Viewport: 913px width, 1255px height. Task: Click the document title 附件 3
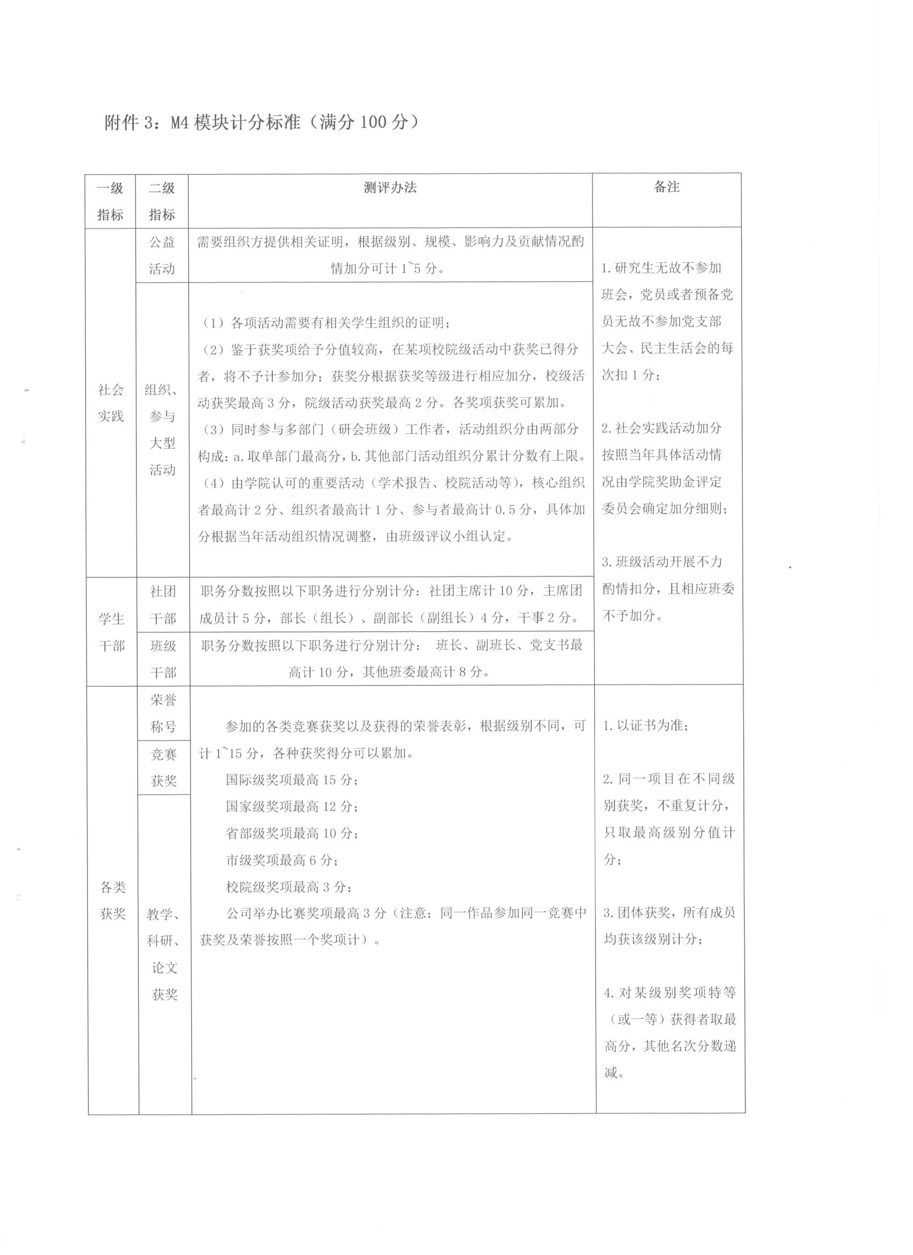(x=260, y=122)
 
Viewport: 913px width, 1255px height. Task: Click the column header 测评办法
(x=390, y=187)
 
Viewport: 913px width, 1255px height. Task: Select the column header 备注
(x=666, y=187)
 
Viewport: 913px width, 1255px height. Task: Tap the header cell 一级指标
(x=110, y=201)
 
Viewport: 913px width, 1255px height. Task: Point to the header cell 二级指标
(x=162, y=201)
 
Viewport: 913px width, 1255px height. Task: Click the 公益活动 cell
(x=162, y=255)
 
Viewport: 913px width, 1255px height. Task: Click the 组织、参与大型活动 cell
(x=162, y=430)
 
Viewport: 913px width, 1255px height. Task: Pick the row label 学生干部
(x=111, y=632)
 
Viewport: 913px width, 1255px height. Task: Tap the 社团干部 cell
(x=163, y=605)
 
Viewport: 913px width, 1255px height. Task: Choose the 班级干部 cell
(x=163, y=659)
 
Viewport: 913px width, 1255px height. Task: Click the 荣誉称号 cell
(x=163, y=713)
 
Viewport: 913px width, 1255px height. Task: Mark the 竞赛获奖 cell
(x=163, y=767)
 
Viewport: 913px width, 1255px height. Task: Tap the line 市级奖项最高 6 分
(x=282, y=860)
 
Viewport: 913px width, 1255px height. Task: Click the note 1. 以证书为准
(x=646, y=725)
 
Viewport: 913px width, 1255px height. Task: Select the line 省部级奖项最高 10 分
(x=291, y=833)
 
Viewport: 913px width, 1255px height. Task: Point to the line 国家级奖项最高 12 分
(x=291, y=807)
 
